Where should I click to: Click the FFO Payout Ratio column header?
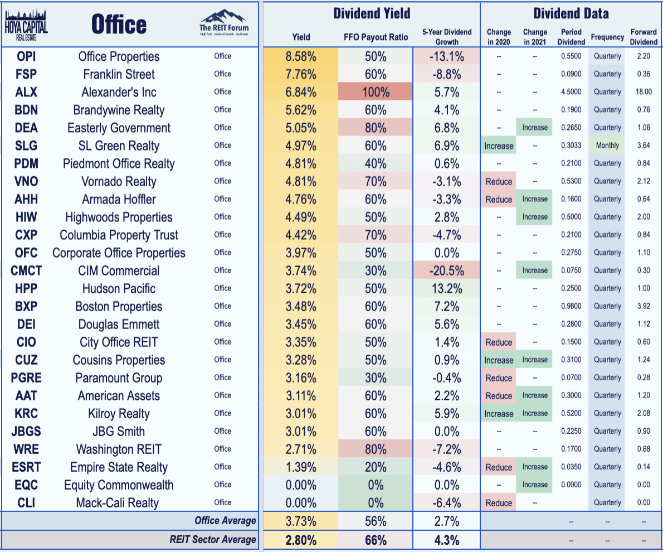pos(376,37)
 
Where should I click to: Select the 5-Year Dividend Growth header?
pos(447,37)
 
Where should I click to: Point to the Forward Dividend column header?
pos(643,37)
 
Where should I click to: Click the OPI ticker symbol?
pos(26,56)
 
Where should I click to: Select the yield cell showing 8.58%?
pos(301,56)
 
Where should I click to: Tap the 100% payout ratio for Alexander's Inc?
pos(376,92)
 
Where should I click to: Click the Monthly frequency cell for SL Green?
pos(607,146)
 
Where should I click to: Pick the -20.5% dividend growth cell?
pos(447,270)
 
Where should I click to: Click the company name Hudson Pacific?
pos(119,288)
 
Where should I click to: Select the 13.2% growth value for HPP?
pos(447,288)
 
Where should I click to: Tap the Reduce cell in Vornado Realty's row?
pos(499,181)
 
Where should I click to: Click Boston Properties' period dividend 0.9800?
pos(571,306)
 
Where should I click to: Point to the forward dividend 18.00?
pos(643,92)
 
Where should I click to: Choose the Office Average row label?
pos(225,521)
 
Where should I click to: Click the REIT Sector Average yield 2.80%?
pos(301,539)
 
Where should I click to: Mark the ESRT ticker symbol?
pos(26,467)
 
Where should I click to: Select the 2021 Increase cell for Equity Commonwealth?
pos(535,485)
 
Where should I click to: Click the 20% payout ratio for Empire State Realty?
pos(376,467)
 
